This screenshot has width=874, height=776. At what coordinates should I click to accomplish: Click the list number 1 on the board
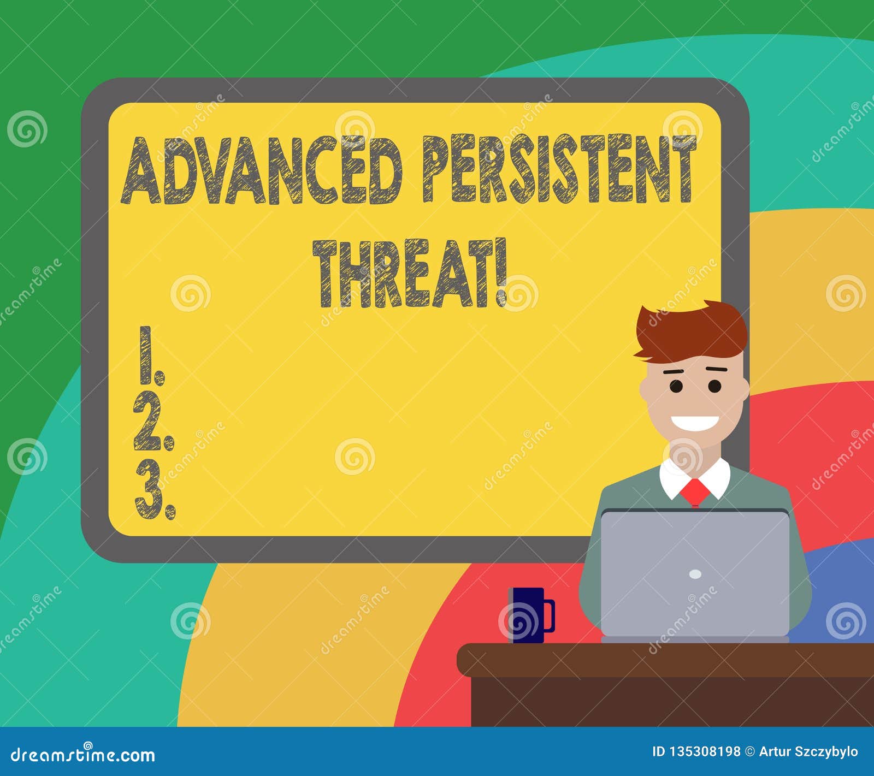[x=151, y=354]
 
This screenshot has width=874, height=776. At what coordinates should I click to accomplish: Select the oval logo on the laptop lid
[x=695, y=574]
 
